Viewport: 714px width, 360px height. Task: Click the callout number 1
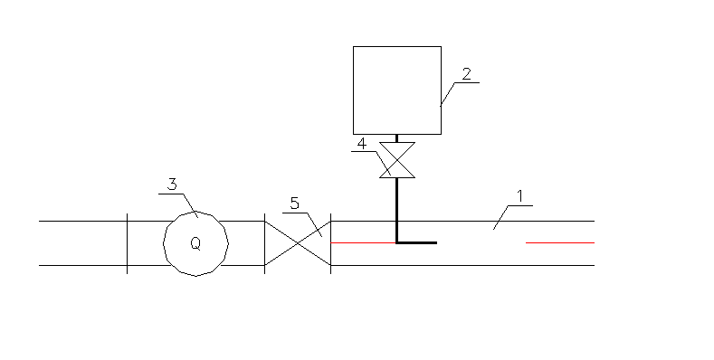[x=519, y=195]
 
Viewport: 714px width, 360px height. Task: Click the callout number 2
[x=466, y=73]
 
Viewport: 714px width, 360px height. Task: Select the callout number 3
[x=173, y=184]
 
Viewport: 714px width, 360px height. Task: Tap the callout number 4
[x=361, y=144]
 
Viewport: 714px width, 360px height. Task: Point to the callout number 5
[x=294, y=203]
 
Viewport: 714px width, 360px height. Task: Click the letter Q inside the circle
[x=195, y=243]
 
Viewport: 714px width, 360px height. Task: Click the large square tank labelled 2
[x=396, y=90]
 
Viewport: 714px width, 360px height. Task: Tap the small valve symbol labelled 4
[x=396, y=160]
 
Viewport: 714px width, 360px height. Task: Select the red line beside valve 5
[x=362, y=242]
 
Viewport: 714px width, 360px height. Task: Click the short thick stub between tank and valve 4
[x=396, y=138]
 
